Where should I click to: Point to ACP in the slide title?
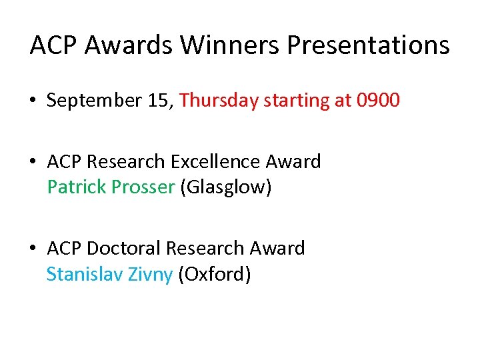55,45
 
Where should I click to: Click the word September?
95,101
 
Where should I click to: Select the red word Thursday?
219,100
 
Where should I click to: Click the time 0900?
378,100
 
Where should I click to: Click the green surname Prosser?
142,187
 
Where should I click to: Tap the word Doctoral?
124,248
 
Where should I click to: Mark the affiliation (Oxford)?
214,273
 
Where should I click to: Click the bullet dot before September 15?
33,101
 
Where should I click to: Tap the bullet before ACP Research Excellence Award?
33,162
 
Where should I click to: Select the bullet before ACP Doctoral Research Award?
33,249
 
